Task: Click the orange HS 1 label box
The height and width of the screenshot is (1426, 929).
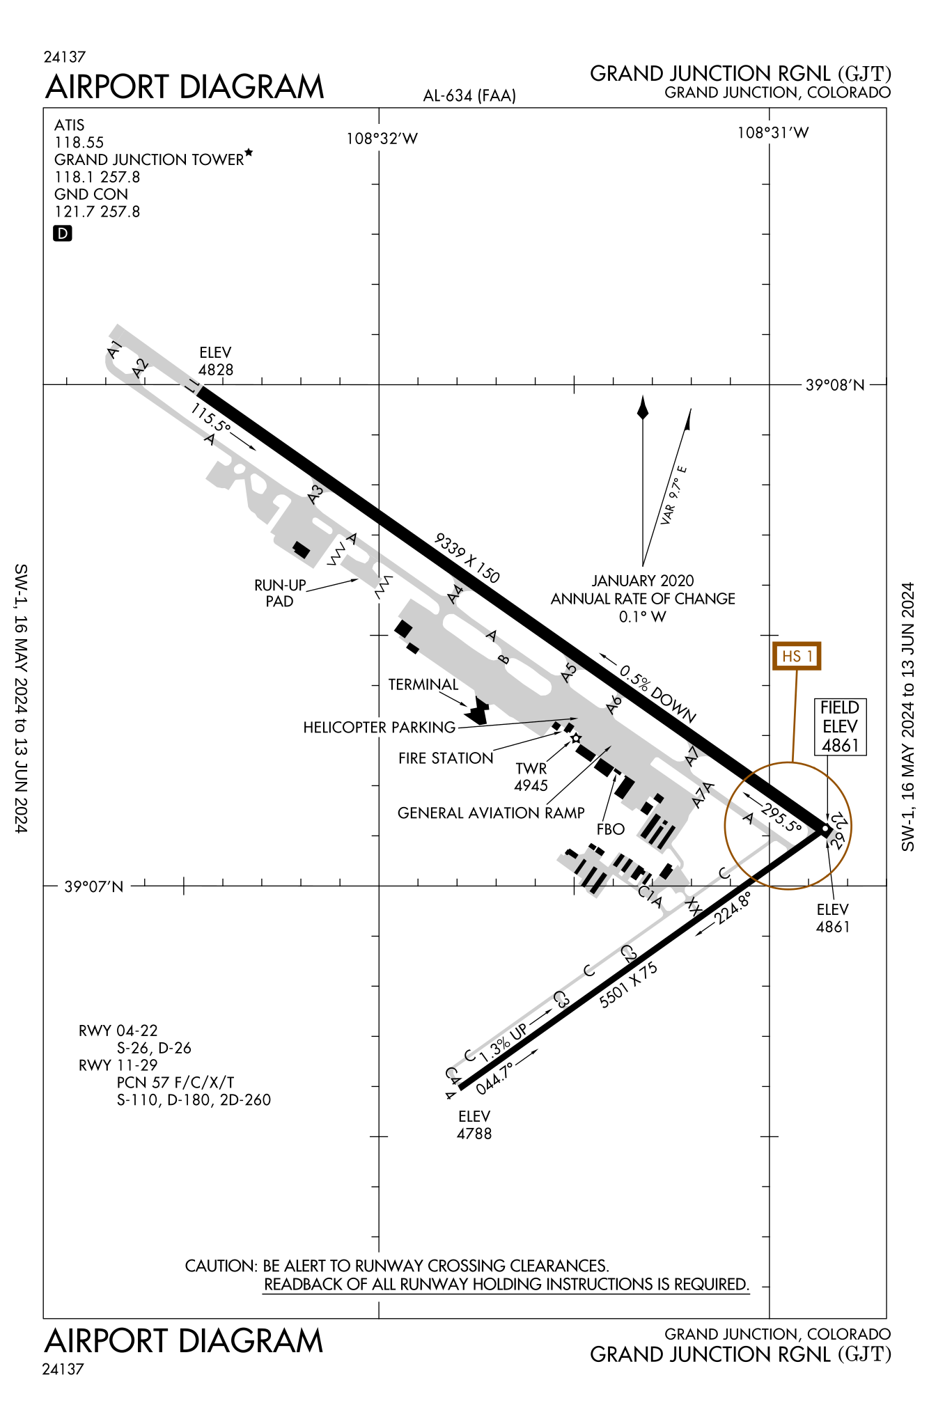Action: [797, 656]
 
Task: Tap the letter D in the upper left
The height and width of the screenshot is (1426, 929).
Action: [63, 234]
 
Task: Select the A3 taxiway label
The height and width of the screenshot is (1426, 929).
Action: [317, 492]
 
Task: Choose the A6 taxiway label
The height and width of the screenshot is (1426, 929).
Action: [615, 702]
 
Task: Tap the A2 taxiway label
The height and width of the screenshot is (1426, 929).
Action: [141, 366]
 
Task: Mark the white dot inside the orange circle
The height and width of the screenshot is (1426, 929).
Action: [825, 829]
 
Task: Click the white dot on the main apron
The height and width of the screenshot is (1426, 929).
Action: [576, 738]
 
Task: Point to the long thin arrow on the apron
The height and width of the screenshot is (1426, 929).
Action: [549, 721]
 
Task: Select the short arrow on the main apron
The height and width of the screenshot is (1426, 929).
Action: [604, 752]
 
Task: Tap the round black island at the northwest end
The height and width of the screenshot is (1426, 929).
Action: [125, 360]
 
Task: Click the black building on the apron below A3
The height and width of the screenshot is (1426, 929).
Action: [302, 550]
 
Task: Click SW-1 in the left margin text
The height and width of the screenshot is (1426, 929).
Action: [21, 580]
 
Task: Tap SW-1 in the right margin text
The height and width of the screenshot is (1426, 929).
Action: [908, 833]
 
